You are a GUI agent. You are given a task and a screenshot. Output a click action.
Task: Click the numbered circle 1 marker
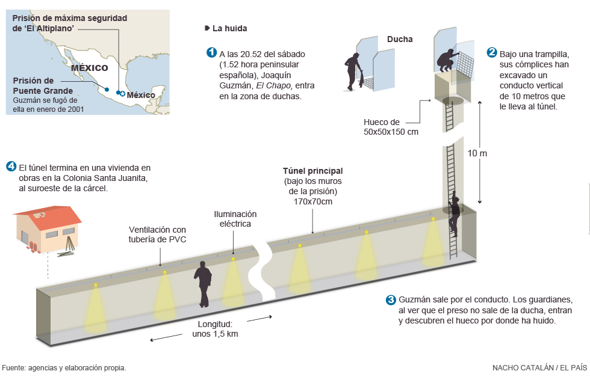(x=211, y=52)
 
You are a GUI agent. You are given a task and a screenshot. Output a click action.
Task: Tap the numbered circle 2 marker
(x=492, y=52)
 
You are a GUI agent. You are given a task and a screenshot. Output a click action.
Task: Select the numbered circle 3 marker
(x=391, y=300)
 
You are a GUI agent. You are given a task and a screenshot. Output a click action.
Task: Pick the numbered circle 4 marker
(x=11, y=167)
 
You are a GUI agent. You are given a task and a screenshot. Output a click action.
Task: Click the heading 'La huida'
(x=229, y=28)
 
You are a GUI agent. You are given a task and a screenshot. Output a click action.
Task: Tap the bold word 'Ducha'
(x=400, y=39)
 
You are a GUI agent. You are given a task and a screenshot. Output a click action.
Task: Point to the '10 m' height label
(x=477, y=153)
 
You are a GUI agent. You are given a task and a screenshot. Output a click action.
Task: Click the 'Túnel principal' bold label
(x=312, y=171)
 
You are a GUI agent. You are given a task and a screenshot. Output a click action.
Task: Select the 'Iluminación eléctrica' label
(x=235, y=219)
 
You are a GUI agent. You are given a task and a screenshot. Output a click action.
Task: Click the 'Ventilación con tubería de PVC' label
(x=158, y=234)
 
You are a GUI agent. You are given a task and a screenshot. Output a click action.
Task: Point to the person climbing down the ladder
(x=454, y=213)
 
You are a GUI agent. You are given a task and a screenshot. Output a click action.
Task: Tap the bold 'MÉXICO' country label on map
(x=89, y=68)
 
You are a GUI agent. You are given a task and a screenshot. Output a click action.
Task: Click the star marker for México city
(x=122, y=94)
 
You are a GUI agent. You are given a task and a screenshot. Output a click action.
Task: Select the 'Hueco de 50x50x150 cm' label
(x=391, y=126)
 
